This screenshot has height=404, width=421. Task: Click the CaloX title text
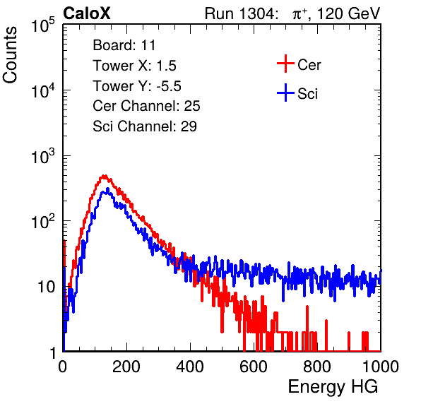[87, 13]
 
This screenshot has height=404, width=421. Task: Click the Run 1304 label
[239, 13]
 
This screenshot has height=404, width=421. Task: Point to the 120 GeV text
[348, 13]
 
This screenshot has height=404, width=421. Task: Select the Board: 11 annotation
[124, 45]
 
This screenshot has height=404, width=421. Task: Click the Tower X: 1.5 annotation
[134, 66]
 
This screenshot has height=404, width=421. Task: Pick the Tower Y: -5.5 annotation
[137, 86]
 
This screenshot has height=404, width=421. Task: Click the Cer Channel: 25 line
[146, 106]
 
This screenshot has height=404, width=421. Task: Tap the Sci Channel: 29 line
[145, 126]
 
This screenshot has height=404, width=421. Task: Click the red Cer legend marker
[285, 64]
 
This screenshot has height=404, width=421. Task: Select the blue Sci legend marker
[285, 93]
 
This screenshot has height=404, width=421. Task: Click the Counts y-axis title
[10, 55]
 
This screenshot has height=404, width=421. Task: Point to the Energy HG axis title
[333, 387]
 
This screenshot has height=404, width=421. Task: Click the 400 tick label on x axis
[190, 367]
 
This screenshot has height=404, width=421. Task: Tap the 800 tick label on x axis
[317, 367]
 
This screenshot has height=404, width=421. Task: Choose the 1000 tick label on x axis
[381, 367]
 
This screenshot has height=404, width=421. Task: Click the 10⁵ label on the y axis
[43, 25]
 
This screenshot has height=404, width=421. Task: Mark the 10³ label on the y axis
[43, 156]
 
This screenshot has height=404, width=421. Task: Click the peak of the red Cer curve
[104, 176]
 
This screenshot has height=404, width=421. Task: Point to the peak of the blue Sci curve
[107, 189]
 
